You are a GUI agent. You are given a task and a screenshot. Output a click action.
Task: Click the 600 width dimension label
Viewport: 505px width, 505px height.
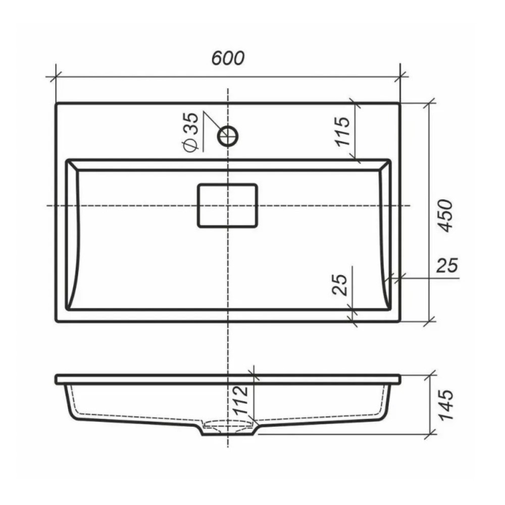228,58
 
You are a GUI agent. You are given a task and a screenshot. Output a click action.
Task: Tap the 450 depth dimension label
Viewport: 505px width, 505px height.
445,216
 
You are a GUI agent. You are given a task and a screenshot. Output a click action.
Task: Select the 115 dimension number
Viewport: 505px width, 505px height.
342,131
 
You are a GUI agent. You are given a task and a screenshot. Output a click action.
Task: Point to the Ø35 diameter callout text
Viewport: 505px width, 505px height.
190,132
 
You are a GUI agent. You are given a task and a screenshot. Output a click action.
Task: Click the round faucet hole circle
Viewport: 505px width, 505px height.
228,136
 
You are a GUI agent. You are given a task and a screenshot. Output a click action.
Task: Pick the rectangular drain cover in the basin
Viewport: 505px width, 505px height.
227,206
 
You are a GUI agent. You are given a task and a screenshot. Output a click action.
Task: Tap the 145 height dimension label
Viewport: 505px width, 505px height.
446,405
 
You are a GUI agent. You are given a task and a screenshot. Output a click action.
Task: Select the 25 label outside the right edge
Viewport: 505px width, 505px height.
447,266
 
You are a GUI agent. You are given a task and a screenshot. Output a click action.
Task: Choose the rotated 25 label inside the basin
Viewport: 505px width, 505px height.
340,285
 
